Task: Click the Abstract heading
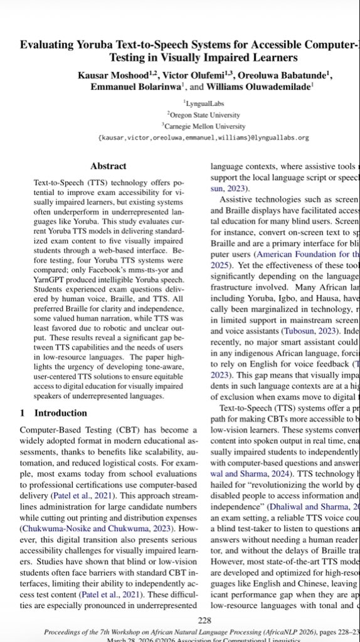point(109,166)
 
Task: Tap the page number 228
point(204,603)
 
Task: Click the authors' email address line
point(204,137)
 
